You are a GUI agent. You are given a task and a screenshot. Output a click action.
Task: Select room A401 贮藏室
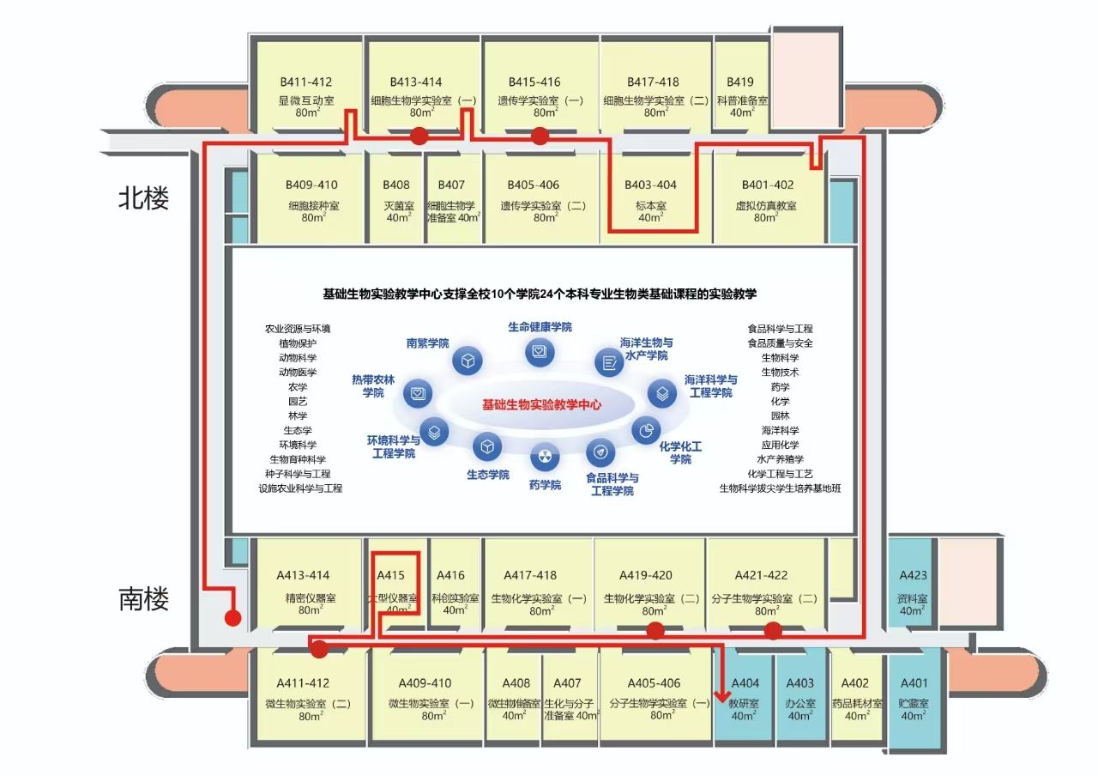914,697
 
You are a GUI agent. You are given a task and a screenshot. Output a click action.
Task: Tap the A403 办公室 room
799,697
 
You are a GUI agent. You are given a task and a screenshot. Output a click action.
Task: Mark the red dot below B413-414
419,136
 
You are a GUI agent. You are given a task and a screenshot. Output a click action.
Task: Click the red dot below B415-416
540,136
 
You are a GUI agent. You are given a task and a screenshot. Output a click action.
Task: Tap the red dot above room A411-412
320,649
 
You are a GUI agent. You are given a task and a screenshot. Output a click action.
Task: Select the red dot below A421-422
773,631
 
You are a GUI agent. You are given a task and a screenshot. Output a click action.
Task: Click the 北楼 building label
143,198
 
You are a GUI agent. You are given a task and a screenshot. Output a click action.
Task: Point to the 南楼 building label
143,599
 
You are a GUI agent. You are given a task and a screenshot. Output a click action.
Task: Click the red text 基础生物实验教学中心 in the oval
541,404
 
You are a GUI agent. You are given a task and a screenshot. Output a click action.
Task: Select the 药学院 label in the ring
545,485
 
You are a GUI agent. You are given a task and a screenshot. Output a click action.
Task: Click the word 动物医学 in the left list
298,373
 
